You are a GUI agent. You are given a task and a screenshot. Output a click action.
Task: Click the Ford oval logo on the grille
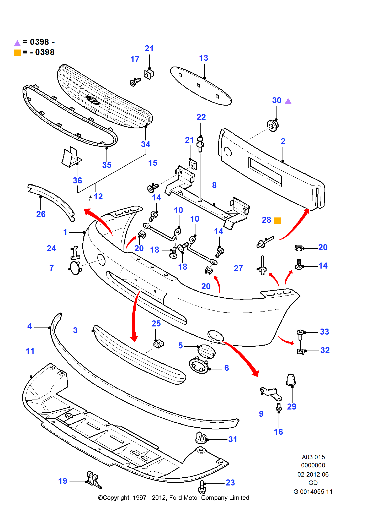[93, 100]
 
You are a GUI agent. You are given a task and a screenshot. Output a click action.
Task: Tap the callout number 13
[204, 58]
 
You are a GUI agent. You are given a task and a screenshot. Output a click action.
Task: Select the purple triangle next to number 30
[288, 101]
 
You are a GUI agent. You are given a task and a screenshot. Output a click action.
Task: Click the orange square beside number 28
[277, 221]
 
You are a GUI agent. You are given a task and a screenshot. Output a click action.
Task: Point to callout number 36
[77, 181]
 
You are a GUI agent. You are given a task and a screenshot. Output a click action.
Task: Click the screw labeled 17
[135, 82]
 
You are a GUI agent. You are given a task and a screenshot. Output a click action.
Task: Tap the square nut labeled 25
[158, 344]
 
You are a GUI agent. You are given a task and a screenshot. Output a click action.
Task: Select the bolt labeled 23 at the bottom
[202, 487]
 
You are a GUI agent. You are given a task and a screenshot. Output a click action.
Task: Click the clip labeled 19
[93, 479]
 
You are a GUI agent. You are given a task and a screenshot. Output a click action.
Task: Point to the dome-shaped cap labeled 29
[291, 380]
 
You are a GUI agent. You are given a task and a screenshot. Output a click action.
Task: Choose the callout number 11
[30, 351]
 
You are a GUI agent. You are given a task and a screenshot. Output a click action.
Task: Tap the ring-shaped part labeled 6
[199, 365]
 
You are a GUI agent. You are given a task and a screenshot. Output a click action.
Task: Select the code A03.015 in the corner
[313, 457]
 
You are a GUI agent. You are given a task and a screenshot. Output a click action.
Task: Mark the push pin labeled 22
[200, 144]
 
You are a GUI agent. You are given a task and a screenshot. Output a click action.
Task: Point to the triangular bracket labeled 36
[71, 157]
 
